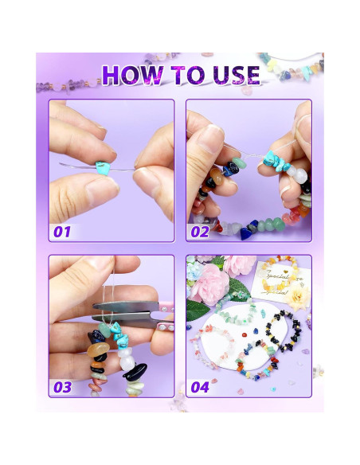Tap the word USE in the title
click(229, 75)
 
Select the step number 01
click(61, 231)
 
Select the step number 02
click(199, 231)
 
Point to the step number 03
click(62, 387)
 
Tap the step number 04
click(200, 387)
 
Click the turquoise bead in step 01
click(104, 166)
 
